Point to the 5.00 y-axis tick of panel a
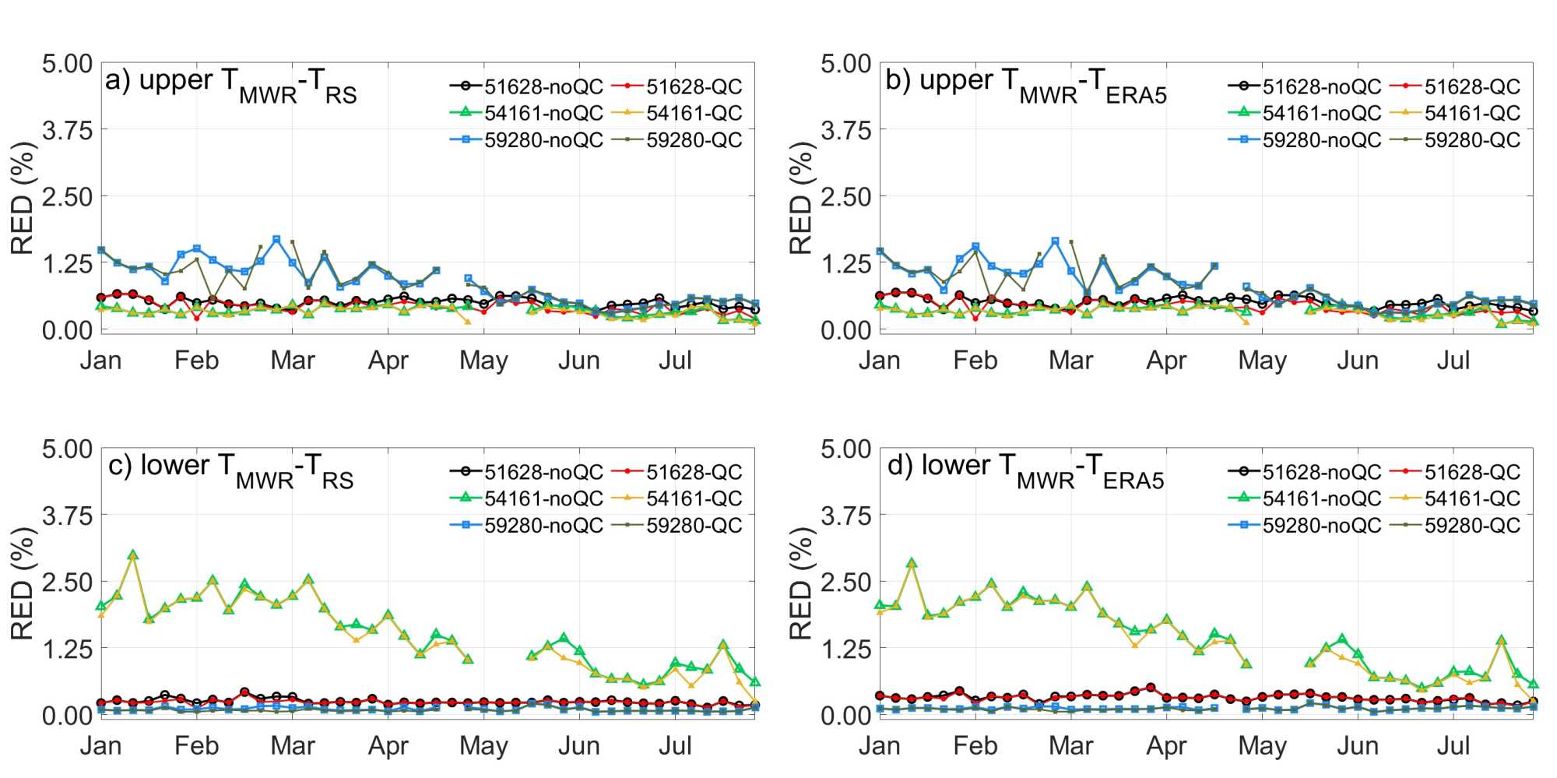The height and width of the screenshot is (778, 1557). [67, 64]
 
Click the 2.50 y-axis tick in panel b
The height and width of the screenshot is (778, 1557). [845, 197]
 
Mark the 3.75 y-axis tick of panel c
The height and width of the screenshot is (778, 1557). [67, 516]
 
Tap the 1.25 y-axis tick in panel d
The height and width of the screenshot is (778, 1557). [845, 649]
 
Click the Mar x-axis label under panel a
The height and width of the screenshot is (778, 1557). [292, 361]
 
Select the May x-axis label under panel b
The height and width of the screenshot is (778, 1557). [1262, 361]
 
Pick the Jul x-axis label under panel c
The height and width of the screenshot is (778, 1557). [675, 746]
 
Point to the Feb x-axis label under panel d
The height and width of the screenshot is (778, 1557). [975, 746]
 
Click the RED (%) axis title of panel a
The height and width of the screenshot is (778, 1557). [23, 198]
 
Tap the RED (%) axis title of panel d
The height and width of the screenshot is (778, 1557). [801, 583]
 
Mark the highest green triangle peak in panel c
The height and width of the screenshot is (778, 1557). [133, 555]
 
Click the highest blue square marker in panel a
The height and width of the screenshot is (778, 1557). [276, 240]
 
